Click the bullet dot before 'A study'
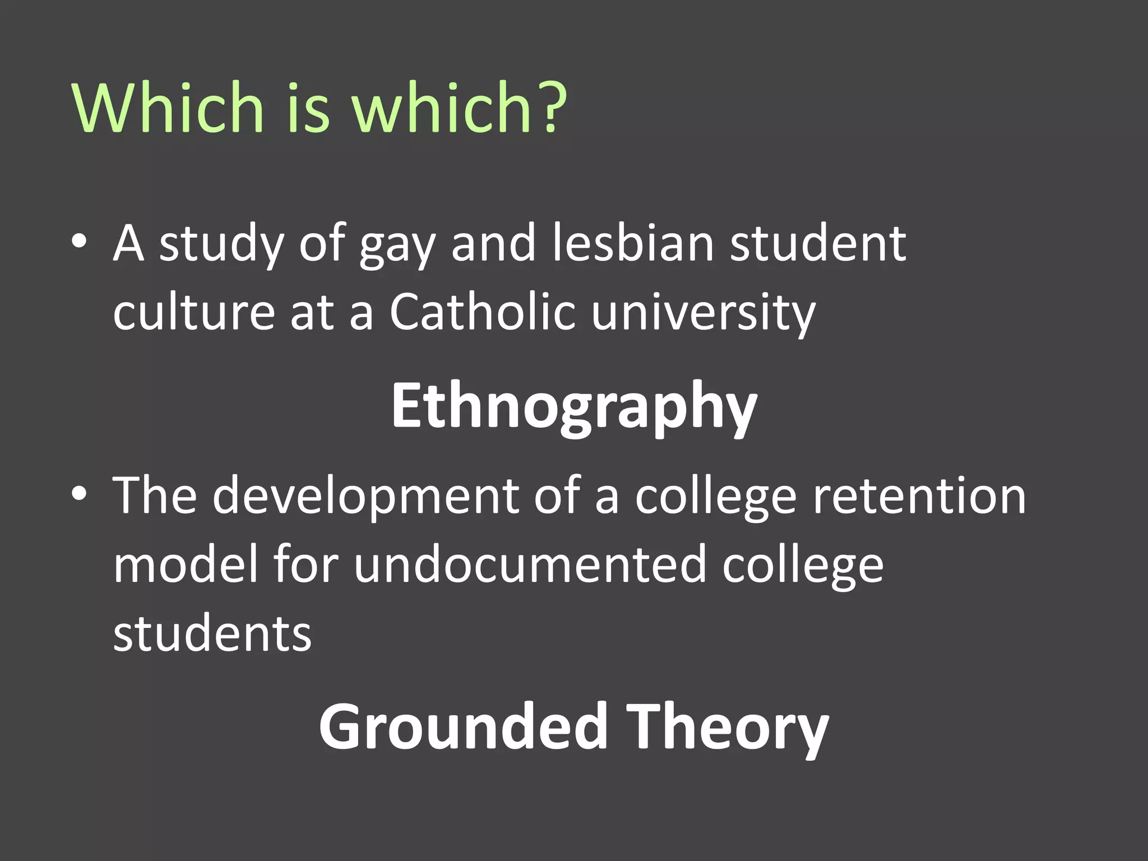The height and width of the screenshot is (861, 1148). point(79,242)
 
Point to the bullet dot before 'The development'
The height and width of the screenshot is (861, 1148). point(79,494)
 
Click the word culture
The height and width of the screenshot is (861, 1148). point(193,312)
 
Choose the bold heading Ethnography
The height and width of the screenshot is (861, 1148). point(574,406)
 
